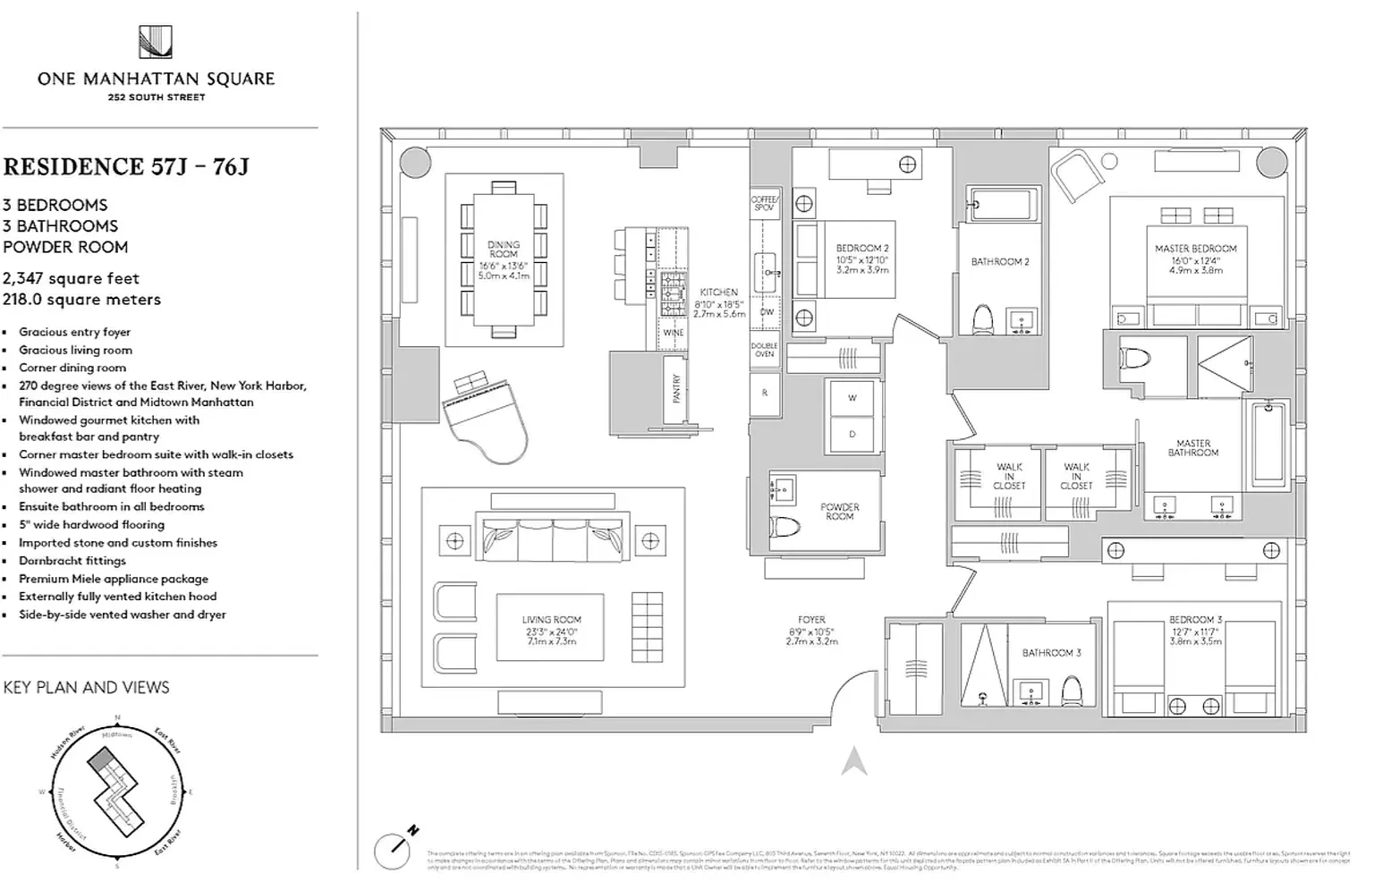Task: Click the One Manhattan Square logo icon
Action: (156, 42)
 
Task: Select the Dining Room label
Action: (504, 250)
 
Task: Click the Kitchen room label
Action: (718, 292)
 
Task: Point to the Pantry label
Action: (677, 387)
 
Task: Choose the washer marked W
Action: (852, 398)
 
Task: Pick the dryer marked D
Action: (852, 434)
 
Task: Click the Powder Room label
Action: (839, 512)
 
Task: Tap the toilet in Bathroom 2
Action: (982, 319)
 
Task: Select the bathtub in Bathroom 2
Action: (1005, 206)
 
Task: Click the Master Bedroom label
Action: (1195, 249)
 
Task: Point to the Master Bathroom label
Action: (1193, 448)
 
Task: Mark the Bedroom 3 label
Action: (1195, 620)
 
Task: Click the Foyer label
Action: (811, 619)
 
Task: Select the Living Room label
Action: (551, 620)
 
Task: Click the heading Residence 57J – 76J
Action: (126, 167)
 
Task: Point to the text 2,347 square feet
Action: (71, 278)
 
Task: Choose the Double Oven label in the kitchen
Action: (764, 350)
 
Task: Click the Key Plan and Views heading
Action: (86, 688)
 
